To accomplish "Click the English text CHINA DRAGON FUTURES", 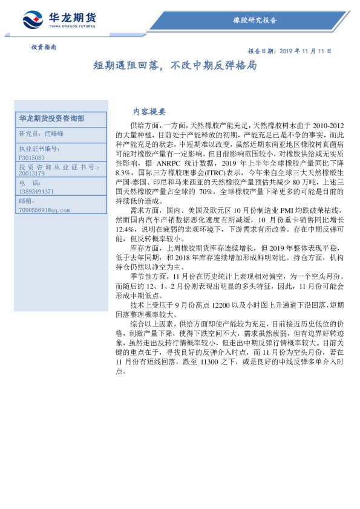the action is coord(72,26).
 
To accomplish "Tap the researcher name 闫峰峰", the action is coord(54,133).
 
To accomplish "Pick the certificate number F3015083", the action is coord(31,157).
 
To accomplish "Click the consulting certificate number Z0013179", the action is coord(31,174).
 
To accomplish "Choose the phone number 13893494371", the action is coord(36,191).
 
